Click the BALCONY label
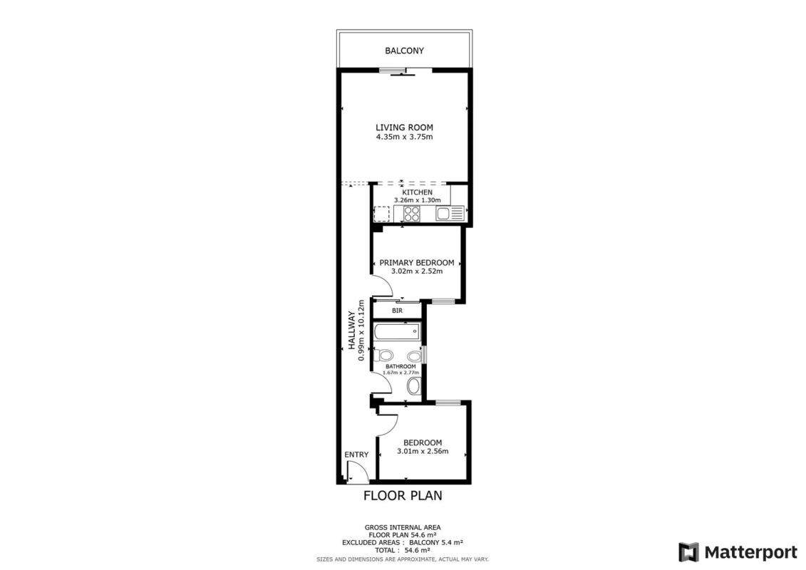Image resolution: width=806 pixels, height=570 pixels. pos(405,51)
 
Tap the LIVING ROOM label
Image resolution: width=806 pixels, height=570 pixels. pos(404,128)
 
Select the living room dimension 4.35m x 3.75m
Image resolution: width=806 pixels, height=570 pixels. pos(404,138)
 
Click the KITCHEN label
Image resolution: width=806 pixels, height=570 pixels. pos(417,192)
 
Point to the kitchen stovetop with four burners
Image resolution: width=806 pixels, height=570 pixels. pos(412,213)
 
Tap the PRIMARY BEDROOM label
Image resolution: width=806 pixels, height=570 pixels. pos(416,263)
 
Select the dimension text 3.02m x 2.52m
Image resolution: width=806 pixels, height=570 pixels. pos(416,271)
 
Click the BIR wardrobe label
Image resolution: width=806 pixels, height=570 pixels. pos(397,311)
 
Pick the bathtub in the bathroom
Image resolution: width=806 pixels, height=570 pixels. pos(396,331)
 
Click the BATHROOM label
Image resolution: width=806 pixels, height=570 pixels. pos(401,366)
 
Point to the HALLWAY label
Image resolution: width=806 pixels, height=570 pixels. pos(351,331)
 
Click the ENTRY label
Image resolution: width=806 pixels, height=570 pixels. pos(356,455)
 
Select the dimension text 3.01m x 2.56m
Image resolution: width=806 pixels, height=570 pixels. pos(423,451)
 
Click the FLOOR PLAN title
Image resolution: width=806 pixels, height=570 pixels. pos(403,495)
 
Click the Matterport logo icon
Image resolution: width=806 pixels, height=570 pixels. pos(689,552)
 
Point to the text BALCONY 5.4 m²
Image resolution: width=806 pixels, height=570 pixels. pos(436,542)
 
